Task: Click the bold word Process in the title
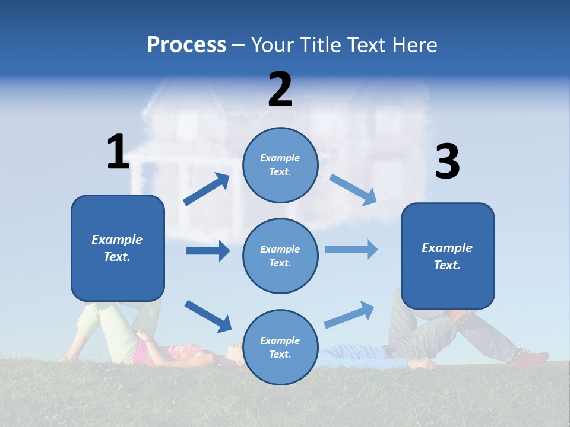[x=186, y=45]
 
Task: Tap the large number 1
[x=118, y=152]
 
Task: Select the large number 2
[x=280, y=90]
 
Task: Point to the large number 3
[x=448, y=162]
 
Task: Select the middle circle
[x=280, y=256]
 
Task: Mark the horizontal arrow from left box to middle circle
[x=208, y=251]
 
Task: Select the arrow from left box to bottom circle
[x=208, y=316]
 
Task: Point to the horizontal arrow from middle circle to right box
[x=351, y=249]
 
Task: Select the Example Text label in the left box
[x=117, y=248]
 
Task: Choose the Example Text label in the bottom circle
[x=280, y=348]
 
